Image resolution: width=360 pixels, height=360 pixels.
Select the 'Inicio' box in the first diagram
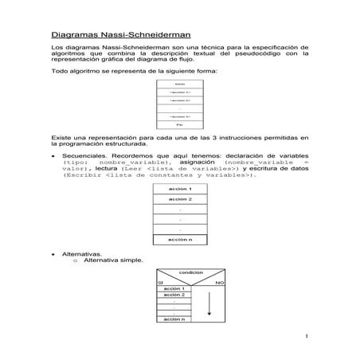(x=179, y=84)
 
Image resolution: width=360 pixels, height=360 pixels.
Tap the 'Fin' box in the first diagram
(x=179, y=125)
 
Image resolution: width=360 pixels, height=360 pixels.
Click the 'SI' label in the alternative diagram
(x=160, y=282)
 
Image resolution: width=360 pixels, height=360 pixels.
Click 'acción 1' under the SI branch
(x=174, y=288)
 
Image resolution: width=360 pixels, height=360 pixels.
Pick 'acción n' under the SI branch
(x=174, y=319)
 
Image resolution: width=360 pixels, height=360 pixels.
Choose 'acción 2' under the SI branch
(x=174, y=295)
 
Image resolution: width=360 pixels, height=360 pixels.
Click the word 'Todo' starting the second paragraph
(x=61, y=70)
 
